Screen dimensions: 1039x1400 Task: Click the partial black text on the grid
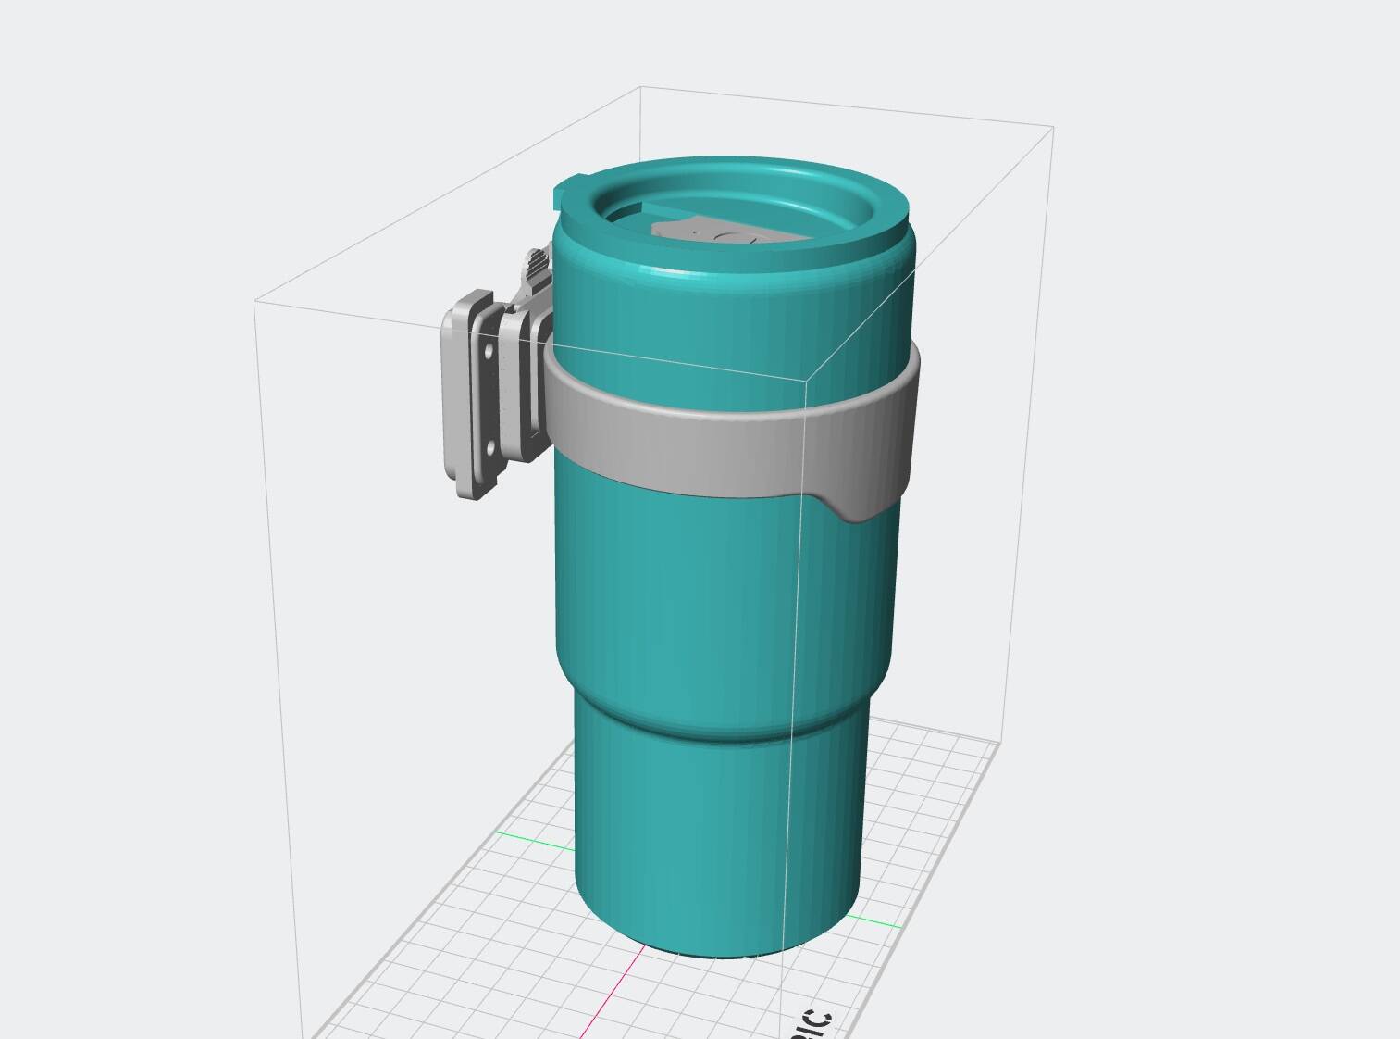(x=814, y=1023)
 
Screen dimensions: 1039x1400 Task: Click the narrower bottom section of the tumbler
(x=717, y=833)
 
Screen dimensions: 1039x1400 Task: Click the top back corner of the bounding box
(x=641, y=87)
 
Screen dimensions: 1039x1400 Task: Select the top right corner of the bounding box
(x=1053, y=126)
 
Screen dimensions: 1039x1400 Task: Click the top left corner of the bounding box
(x=255, y=299)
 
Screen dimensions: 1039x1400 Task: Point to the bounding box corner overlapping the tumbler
(x=804, y=380)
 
